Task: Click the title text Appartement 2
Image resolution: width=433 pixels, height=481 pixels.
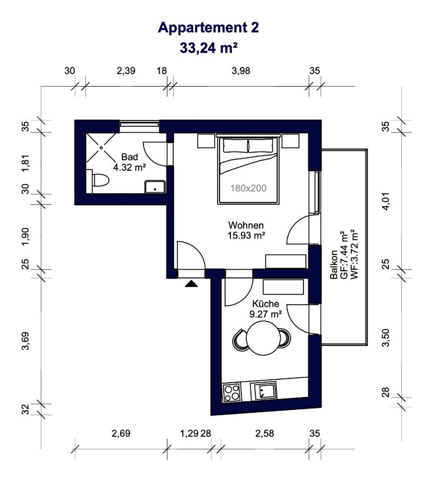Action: pos(208,28)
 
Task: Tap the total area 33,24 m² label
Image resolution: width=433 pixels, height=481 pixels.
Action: pos(208,48)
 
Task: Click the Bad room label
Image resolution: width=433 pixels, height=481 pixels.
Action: pos(129,157)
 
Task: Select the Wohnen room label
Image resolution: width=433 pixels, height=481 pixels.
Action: pos(246,225)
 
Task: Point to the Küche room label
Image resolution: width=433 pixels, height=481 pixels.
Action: pos(265,304)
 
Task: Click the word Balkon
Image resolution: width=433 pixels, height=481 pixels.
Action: pos(334,265)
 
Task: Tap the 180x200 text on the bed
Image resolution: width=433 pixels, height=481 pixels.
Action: pos(248,188)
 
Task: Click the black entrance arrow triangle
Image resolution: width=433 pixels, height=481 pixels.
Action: pos(191,284)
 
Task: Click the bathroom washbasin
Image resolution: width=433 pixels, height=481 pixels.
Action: pos(155,187)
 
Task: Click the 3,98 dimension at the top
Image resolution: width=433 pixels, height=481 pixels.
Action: pos(241,71)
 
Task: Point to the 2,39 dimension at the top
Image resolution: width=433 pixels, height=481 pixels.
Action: pos(126,71)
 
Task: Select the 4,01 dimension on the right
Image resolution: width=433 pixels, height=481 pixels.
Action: pos(386,201)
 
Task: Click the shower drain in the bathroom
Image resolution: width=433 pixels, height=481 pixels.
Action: pos(101,148)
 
